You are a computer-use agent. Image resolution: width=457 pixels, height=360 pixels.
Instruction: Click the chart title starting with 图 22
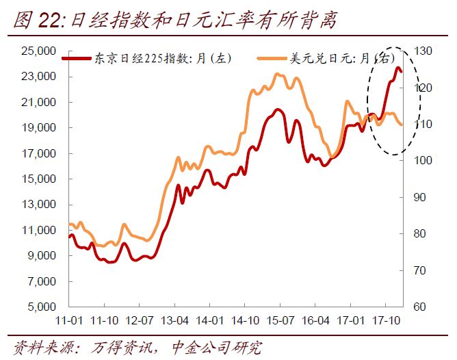click(174, 20)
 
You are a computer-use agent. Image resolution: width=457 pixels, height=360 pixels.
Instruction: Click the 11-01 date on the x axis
click(69, 320)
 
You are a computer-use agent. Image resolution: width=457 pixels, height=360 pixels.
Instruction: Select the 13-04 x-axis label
click(174, 320)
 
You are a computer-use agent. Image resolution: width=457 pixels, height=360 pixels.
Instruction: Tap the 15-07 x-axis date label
click(280, 320)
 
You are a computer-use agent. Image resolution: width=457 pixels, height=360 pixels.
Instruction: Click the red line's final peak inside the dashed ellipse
click(397, 68)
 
